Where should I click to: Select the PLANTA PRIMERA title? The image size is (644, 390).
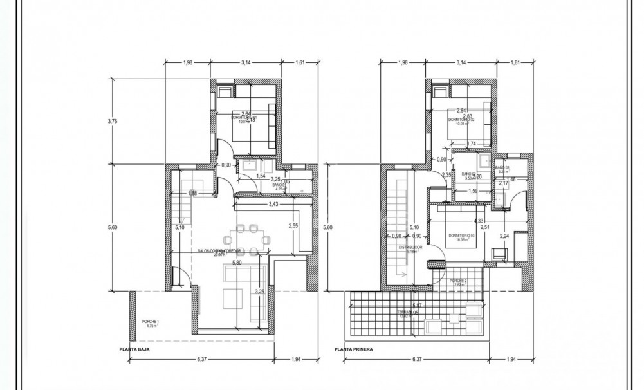coord(353,351)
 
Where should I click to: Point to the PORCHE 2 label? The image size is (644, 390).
coord(459,281)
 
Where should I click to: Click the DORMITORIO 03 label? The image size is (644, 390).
coord(461,235)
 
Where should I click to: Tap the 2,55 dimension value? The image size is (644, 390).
coord(293,225)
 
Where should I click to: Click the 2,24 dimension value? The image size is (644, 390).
coord(504,236)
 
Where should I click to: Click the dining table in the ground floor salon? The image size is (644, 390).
coord(248,237)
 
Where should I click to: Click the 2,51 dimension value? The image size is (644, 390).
coord(486,227)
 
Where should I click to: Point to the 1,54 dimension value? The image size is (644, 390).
coord(261,176)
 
